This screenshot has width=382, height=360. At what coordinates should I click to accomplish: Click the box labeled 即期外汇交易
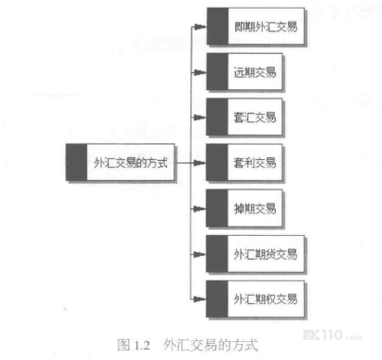[256, 27]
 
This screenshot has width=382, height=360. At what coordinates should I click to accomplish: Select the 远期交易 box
[245, 72]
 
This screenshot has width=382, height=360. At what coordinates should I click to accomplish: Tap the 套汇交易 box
[245, 117]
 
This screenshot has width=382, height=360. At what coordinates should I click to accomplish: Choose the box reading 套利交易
[245, 163]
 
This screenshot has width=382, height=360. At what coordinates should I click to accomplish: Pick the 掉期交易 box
[245, 208]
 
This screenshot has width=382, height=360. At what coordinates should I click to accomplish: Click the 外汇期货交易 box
[256, 254]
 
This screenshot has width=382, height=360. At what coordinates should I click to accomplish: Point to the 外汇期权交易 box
[256, 298]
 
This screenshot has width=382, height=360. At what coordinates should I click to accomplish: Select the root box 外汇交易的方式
[120, 162]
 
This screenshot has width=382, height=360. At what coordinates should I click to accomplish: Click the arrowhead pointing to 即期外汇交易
[200, 27]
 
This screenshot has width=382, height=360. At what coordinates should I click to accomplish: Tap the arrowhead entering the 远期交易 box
[200, 72]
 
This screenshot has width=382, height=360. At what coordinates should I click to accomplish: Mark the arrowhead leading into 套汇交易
[200, 117]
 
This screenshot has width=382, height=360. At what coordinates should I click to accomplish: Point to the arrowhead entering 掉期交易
[200, 208]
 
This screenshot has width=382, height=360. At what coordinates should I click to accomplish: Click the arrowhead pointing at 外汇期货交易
[200, 254]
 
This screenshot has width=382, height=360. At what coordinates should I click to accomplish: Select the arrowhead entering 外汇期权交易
[200, 298]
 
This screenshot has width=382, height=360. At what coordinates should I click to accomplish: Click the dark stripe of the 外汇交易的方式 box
[77, 162]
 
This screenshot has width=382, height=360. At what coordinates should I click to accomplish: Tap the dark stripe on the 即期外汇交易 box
[217, 27]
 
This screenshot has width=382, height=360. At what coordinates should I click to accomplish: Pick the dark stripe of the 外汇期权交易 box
[217, 298]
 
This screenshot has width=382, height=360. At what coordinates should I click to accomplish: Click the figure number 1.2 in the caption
[142, 345]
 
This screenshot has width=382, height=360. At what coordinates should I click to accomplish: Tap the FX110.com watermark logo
[333, 335]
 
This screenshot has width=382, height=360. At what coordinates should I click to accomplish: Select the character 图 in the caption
[123, 345]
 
